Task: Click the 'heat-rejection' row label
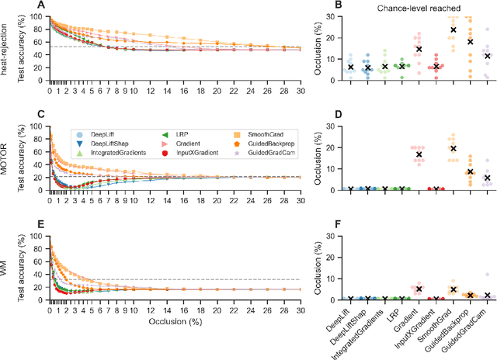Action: point(7,54)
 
